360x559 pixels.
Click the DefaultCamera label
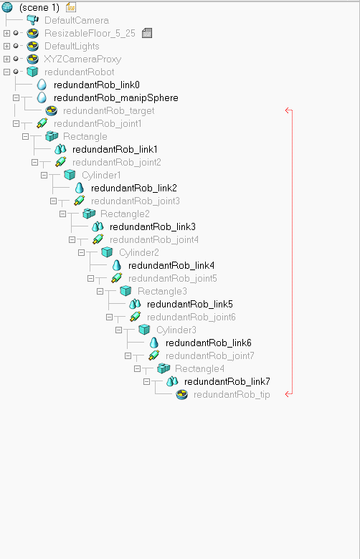77,20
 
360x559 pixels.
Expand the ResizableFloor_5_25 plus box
6,33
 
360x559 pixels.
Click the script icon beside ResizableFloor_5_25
146,33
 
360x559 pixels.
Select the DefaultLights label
72,47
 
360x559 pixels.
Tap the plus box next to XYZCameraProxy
6,59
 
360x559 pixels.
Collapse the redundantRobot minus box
6,72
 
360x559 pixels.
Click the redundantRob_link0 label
96,85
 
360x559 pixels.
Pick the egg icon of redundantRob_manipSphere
42,97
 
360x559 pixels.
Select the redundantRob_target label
108,111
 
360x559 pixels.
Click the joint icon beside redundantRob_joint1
42,123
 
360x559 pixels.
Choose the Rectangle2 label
125,214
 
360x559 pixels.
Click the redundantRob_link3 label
152,226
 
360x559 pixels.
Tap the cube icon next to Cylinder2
107,252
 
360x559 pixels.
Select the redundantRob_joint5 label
172,279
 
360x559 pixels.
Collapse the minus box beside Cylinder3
118,330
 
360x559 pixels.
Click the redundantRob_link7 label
227,381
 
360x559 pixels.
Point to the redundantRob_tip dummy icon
182,394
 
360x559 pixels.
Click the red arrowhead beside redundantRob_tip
288,394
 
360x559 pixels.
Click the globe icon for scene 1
7,7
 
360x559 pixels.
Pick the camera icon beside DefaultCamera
33,20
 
